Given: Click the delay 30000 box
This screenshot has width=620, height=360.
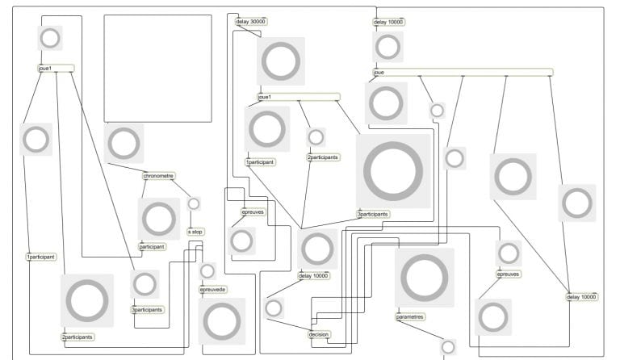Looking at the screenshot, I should pyautogui.click(x=250, y=22).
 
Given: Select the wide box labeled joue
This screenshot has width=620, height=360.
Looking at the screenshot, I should pyautogui.click(x=463, y=73).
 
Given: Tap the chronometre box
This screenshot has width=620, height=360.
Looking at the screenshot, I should pyautogui.click(x=159, y=176).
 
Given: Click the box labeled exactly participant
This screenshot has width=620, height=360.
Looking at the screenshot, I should pyautogui.click(x=153, y=246).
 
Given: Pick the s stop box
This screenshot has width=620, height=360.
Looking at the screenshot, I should pyautogui.click(x=195, y=232).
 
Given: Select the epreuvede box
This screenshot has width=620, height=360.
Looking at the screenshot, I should pyautogui.click(x=213, y=289).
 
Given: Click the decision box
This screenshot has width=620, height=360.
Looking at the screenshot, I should pyautogui.click(x=320, y=334).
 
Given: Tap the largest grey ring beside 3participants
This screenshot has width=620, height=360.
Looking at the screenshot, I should pyautogui.click(x=393, y=170).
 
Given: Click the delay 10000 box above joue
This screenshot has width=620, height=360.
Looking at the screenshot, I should pyautogui.click(x=388, y=22).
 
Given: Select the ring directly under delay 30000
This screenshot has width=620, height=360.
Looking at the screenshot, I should pyautogui.click(x=281, y=61).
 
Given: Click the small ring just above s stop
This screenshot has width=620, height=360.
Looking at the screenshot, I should pyautogui.click(x=194, y=203).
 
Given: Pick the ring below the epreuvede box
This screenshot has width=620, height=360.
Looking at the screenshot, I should pyautogui.click(x=222, y=321).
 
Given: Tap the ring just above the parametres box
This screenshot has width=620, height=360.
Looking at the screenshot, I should pyautogui.click(x=424, y=277).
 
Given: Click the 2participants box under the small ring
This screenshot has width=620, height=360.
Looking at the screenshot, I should pyautogui.click(x=323, y=157).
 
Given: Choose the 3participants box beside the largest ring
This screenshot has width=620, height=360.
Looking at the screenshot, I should pyautogui.click(x=373, y=215).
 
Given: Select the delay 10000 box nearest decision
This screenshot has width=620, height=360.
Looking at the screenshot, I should pyautogui.click(x=314, y=276).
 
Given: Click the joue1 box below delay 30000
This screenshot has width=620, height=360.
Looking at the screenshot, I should pyautogui.click(x=298, y=97).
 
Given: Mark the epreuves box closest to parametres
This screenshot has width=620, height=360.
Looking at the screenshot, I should pyautogui.click(x=508, y=274).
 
